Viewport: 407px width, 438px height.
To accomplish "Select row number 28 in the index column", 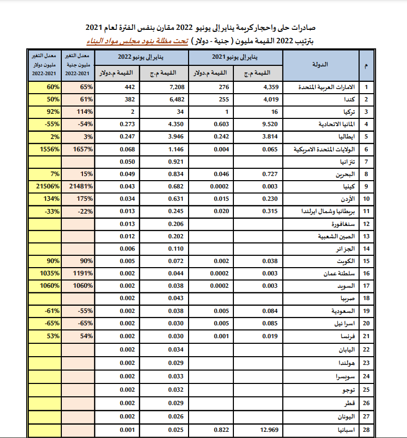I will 366,429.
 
